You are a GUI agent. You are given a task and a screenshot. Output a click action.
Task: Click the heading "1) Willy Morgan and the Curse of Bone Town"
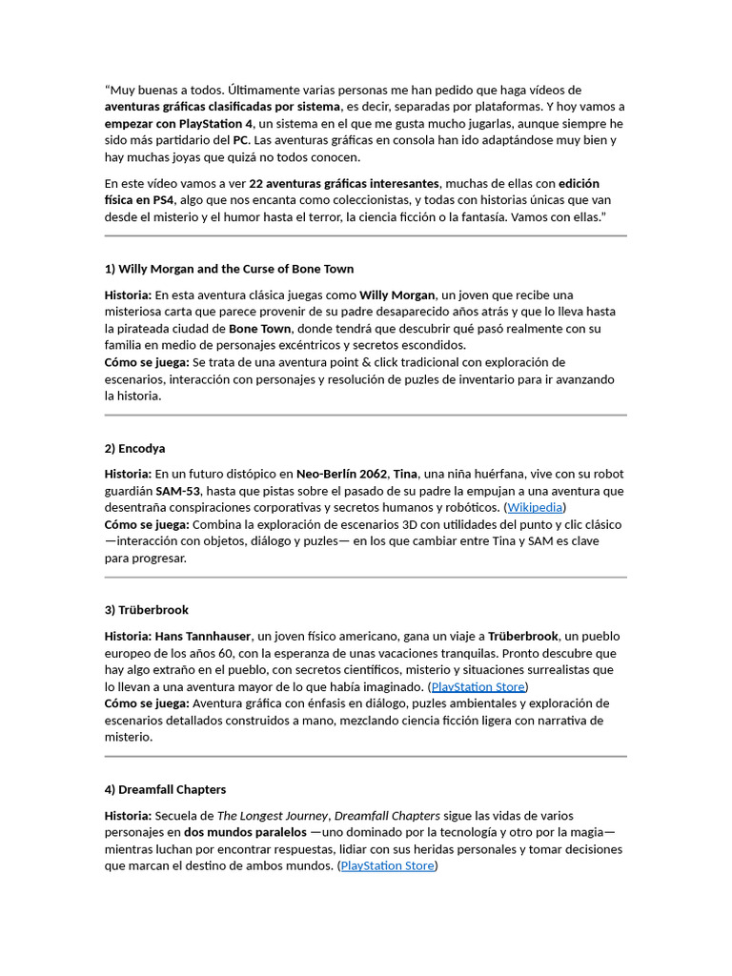(x=229, y=269)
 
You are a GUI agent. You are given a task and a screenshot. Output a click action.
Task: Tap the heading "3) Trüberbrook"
(x=147, y=610)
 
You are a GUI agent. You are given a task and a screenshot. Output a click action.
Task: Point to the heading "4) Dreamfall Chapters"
(x=165, y=789)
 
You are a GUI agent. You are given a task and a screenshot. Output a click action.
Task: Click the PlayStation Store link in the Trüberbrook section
(x=478, y=686)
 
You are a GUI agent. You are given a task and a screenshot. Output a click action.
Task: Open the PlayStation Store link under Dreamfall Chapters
(x=387, y=865)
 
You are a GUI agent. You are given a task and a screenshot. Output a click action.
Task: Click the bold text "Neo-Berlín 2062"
(x=342, y=474)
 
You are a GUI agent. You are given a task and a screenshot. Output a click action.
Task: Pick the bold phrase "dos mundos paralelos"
(x=245, y=832)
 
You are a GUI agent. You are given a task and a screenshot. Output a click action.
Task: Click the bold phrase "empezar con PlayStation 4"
(x=178, y=124)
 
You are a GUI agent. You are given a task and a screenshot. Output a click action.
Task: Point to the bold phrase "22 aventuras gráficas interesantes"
(x=344, y=183)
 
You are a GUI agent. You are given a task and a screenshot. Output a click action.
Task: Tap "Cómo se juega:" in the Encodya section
(x=147, y=525)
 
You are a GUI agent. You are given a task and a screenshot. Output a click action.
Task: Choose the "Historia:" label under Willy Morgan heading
(x=128, y=295)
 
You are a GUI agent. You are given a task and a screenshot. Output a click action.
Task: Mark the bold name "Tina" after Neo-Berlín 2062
(x=406, y=474)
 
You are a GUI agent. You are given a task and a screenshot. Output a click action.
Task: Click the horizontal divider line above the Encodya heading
(x=365, y=416)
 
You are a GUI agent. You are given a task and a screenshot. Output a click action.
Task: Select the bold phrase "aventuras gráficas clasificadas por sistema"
(x=222, y=107)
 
